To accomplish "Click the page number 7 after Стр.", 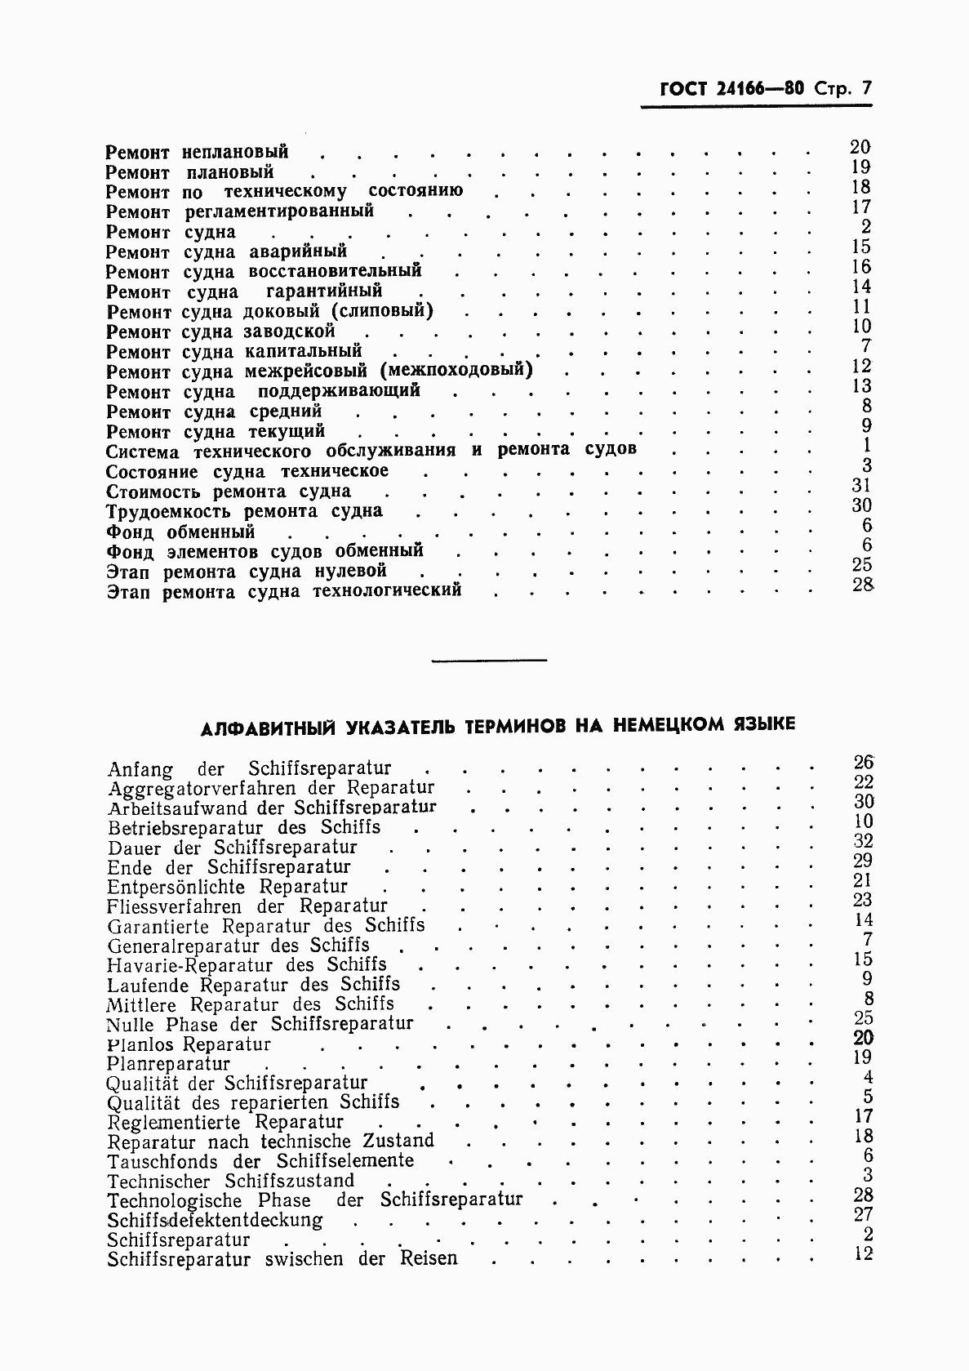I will click(866, 89).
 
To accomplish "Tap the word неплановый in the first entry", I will click(235, 153).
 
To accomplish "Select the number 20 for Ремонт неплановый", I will click(860, 147).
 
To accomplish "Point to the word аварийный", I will click(298, 251).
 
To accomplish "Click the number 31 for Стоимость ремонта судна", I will click(861, 486).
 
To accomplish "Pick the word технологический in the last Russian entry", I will click(387, 590).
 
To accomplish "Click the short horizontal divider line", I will click(488, 660).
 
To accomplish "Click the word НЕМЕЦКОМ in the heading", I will click(681, 724).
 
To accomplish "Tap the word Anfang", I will click(140, 770).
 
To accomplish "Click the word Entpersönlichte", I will click(176, 888).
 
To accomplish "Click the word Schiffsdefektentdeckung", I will click(215, 1221).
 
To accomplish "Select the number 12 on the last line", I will click(863, 1253).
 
